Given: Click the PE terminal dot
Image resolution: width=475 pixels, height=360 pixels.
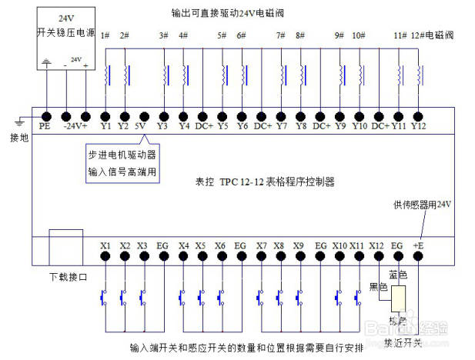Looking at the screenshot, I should [x=45, y=115].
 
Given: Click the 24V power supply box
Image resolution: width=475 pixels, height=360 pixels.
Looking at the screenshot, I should [x=66, y=38].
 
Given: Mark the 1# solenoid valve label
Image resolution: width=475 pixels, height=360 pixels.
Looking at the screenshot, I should [x=105, y=36].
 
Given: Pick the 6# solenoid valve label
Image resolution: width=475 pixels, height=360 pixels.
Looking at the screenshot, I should [x=241, y=36].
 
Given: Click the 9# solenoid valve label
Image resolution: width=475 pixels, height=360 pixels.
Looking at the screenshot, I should [x=340, y=36].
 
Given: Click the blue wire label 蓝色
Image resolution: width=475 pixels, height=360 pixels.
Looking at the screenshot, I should [x=397, y=275].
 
